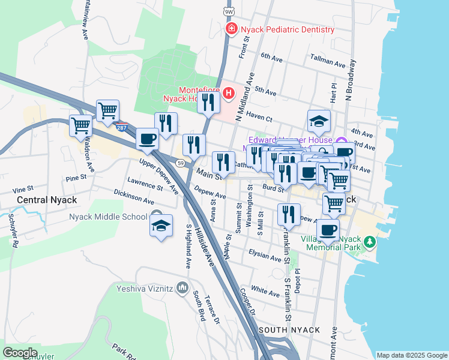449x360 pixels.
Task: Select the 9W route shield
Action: coord(228,11)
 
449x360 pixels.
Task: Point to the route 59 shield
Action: coord(179,163)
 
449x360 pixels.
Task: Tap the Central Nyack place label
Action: coord(38,199)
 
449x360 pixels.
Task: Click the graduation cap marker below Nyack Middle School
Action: coord(161,226)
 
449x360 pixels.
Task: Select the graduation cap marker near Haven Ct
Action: coord(319,122)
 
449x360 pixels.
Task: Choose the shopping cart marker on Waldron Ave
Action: coord(81,126)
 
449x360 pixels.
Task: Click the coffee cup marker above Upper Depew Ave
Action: coord(147,140)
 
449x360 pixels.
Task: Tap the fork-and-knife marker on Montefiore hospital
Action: coord(208,102)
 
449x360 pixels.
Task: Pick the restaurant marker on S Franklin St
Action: coord(289,215)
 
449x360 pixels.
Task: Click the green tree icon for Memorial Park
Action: coord(370,242)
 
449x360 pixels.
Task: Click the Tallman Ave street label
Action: coord(328,61)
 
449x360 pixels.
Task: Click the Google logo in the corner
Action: coord(20,352)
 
